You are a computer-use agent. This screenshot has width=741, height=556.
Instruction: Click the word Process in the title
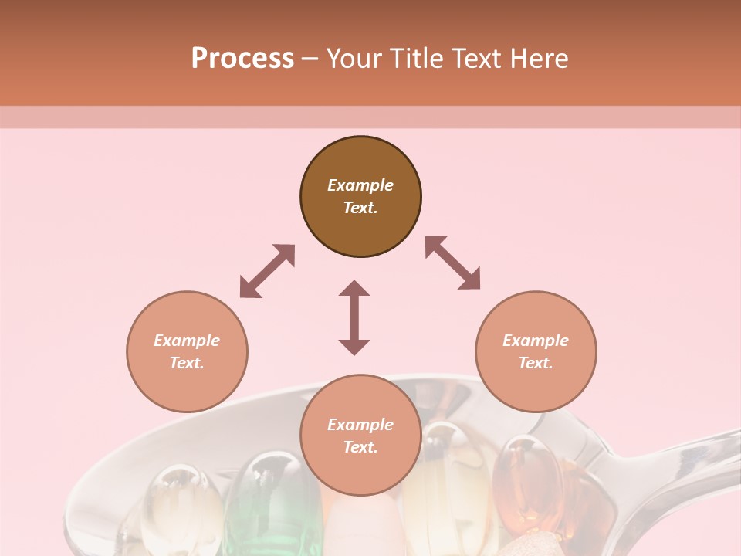tap(242, 59)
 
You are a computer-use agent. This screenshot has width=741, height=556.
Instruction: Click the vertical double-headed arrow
tap(354, 317)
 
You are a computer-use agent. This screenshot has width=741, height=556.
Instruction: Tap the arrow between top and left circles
tap(267, 271)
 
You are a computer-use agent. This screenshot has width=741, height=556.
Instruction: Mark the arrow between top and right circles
tap(453, 263)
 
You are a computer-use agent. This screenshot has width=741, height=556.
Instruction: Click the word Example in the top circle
tap(360, 185)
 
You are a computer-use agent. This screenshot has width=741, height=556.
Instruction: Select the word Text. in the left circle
tap(187, 363)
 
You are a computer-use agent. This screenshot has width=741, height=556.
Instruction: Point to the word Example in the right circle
tap(536, 341)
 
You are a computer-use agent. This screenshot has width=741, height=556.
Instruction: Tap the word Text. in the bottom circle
tap(360, 447)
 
